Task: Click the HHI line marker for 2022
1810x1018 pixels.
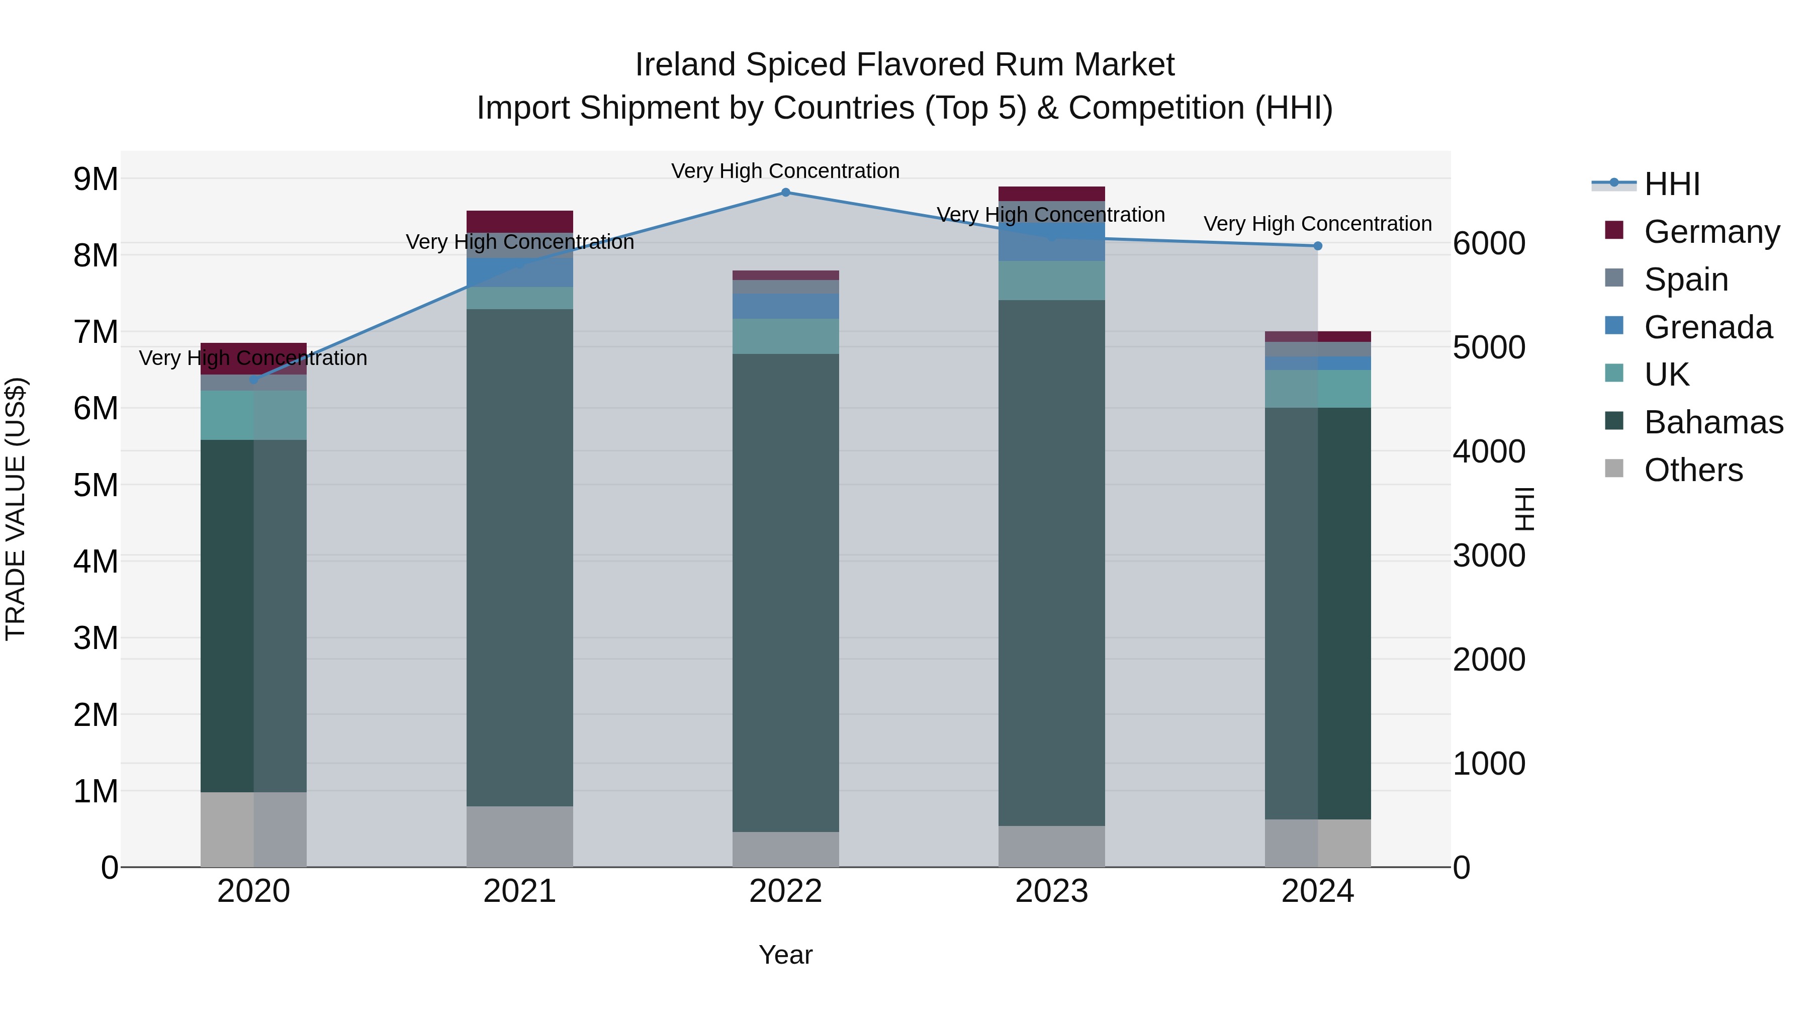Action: [785, 193]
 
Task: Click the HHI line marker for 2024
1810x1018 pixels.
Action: [1317, 246]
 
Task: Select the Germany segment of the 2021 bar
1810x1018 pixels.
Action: [520, 221]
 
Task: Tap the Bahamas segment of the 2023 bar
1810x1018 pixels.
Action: [1051, 562]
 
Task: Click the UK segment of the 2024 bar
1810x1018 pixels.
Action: [1317, 389]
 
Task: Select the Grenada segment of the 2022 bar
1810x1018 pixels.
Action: [785, 306]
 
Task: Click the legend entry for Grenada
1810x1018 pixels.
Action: [1707, 327]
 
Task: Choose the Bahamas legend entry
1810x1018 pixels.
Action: [1713, 423]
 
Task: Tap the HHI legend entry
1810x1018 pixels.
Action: [1672, 184]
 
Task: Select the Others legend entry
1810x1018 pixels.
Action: [1693, 470]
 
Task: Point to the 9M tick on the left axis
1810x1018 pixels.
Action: [96, 179]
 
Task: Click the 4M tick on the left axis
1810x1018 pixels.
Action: [96, 562]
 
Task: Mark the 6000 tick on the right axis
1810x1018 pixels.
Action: [1488, 244]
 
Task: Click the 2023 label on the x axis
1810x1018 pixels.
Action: [1051, 891]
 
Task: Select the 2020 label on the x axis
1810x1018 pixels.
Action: [254, 891]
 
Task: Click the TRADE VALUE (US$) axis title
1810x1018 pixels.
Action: [16, 509]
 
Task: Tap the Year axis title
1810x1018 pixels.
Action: [785, 955]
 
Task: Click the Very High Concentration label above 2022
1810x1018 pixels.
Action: [785, 171]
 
